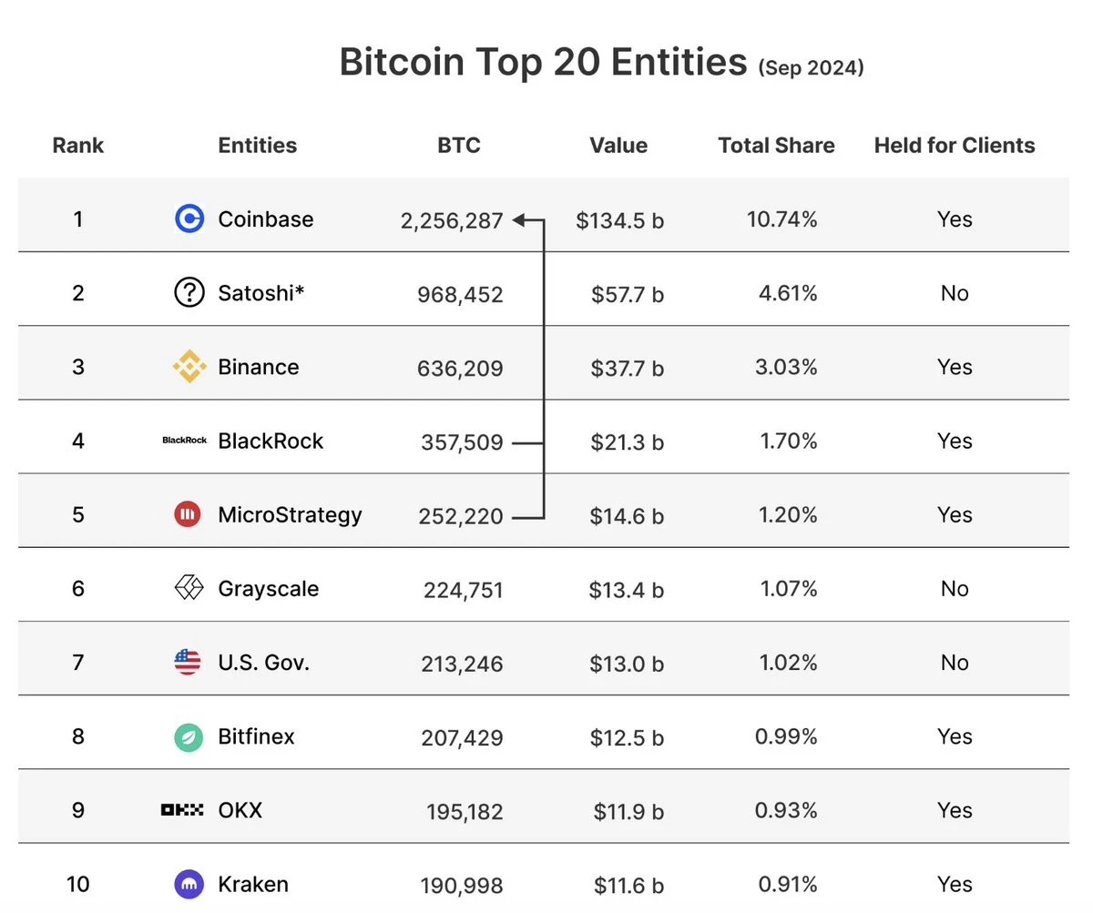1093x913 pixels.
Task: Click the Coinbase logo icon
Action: (189, 218)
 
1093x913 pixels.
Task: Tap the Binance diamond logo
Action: (189, 367)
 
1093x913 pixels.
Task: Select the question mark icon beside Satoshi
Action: (189, 292)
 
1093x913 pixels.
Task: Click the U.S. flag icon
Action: (188, 662)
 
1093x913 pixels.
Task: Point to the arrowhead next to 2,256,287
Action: (519, 219)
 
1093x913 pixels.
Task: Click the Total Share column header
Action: (776, 146)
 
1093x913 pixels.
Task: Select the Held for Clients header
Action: (954, 146)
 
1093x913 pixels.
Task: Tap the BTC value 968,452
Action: (460, 294)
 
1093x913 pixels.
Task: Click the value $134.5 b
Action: (619, 219)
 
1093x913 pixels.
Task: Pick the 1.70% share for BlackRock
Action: (788, 441)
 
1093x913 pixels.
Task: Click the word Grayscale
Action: (268, 589)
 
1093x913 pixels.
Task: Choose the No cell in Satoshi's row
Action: (954, 293)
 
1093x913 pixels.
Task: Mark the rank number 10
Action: (78, 884)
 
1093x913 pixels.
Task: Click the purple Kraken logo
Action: (189, 884)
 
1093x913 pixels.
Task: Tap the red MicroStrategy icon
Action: (188, 514)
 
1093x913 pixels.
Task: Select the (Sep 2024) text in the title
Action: (810, 66)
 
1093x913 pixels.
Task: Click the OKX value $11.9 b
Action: (628, 810)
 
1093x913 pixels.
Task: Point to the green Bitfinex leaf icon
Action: (189, 736)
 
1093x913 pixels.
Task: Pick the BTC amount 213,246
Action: (462, 664)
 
